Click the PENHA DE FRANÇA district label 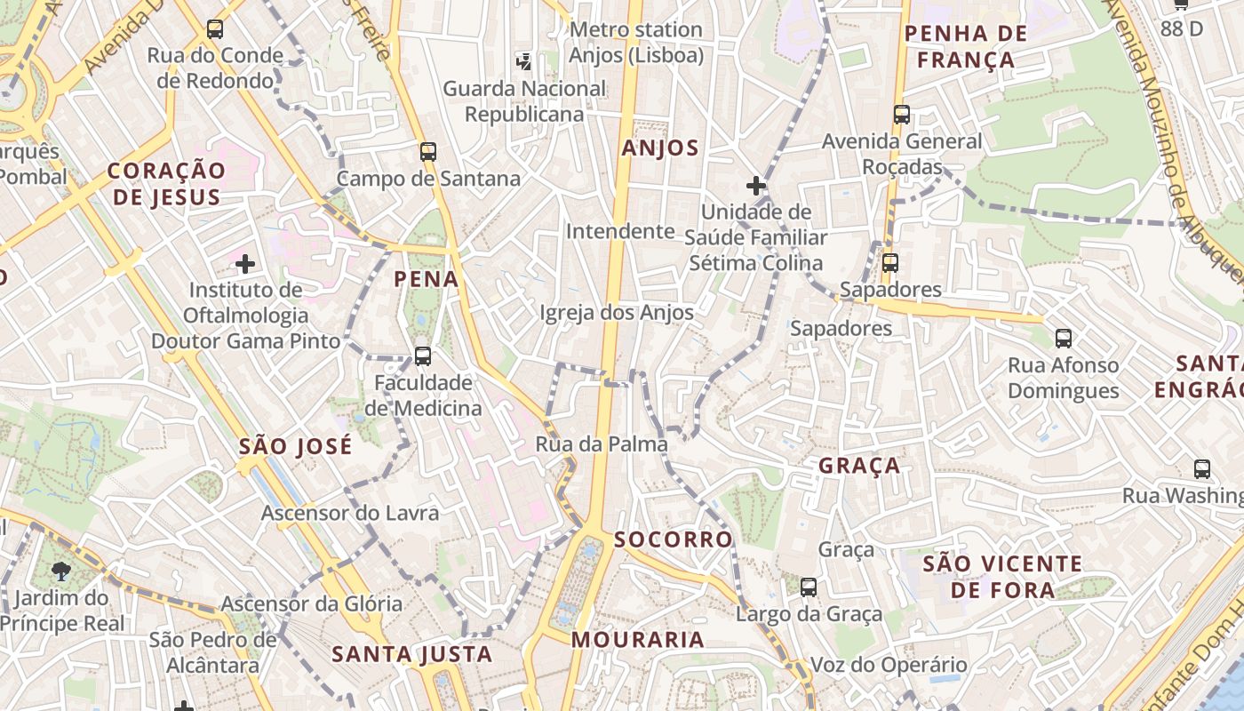click(x=965, y=47)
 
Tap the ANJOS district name click(x=660, y=148)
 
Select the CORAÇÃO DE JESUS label click(x=167, y=184)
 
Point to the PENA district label click(x=427, y=279)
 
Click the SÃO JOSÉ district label click(x=295, y=446)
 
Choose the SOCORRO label click(x=674, y=539)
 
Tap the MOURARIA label click(x=637, y=640)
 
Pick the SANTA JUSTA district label click(x=411, y=655)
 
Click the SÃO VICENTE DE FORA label click(x=1002, y=577)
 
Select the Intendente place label click(x=620, y=232)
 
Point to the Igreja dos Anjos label click(x=617, y=313)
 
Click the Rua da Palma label click(x=602, y=444)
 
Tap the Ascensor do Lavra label click(x=349, y=513)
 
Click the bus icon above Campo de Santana click(x=428, y=152)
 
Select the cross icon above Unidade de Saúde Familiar click(x=756, y=186)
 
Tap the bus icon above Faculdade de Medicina click(x=423, y=356)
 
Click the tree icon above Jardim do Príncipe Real click(x=61, y=571)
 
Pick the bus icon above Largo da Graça click(x=809, y=587)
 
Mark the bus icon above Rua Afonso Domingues click(x=1064, y=339)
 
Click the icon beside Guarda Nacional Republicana click(x=524, y=61)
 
